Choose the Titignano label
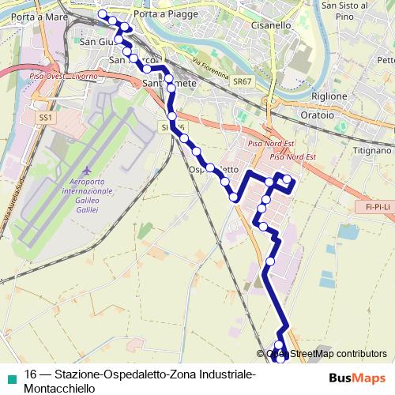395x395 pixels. (371, 150)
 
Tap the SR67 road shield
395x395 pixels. (242, 81)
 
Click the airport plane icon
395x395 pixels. (87, 172)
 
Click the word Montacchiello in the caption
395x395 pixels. (59, 388)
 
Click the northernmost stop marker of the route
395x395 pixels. (102, 13)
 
